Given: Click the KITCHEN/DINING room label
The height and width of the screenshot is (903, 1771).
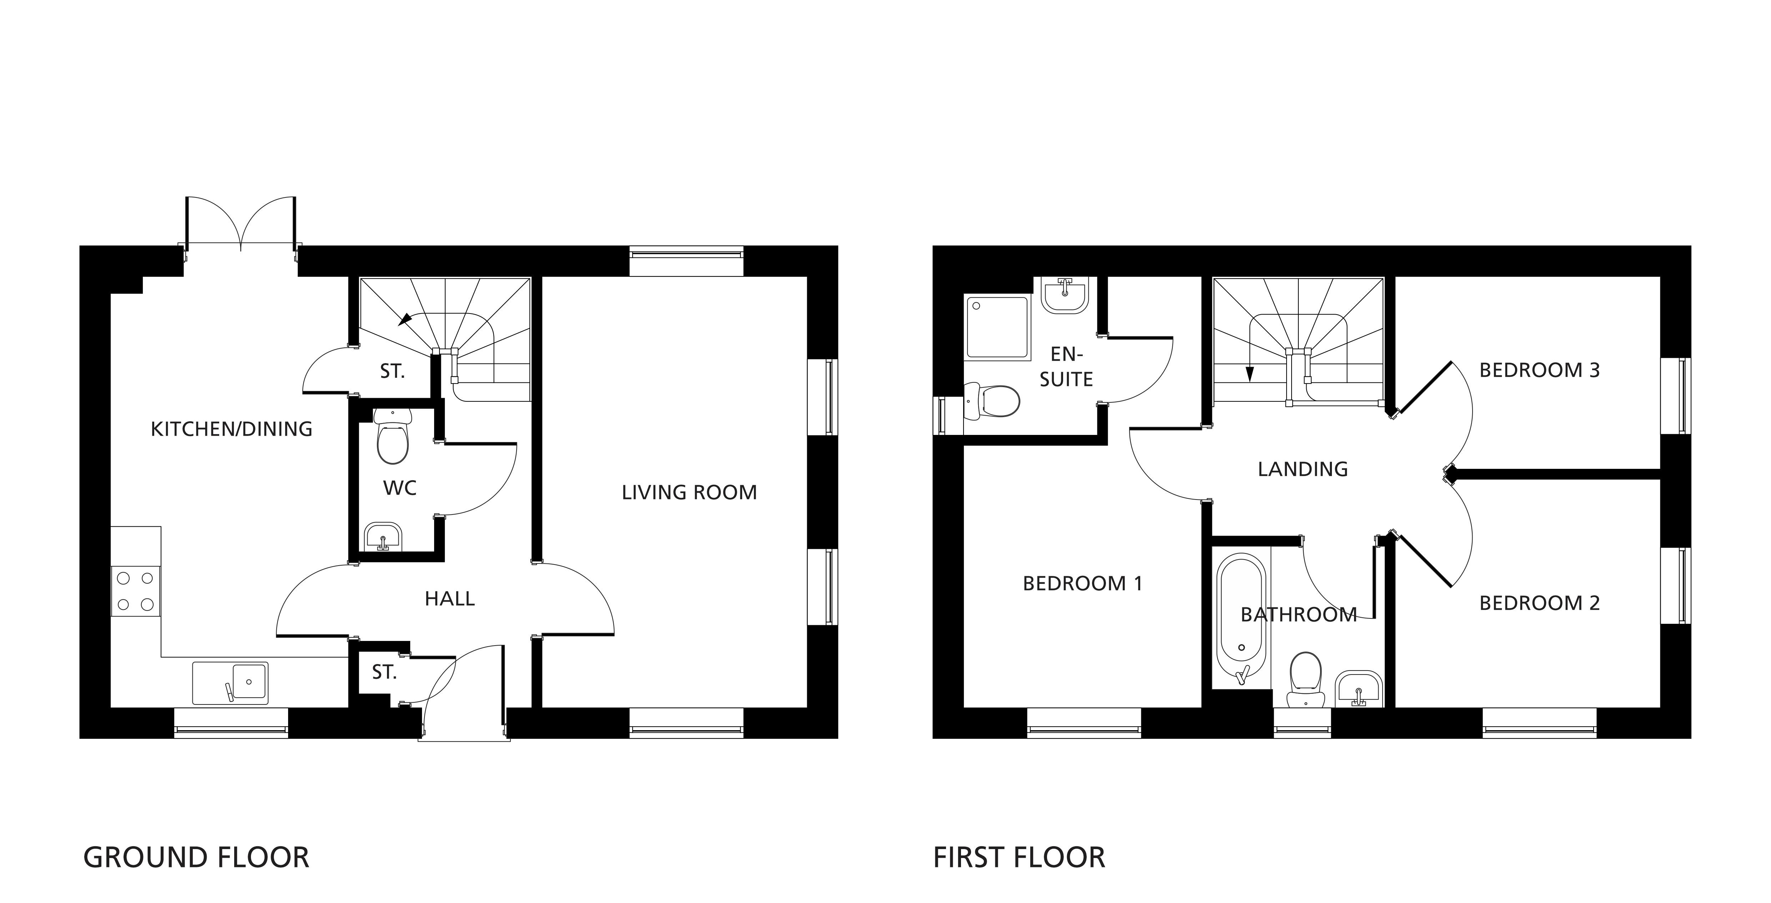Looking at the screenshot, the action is coord(232,429).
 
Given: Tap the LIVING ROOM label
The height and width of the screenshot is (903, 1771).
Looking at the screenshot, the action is coord(690,492).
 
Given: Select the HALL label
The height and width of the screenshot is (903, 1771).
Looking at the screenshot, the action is coord(450,599).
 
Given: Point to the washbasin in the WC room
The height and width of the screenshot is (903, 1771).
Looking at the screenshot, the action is coord(383,536).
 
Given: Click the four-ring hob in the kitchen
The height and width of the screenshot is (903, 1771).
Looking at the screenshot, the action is coord(135,591).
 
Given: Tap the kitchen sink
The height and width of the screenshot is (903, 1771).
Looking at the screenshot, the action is coord(230,683).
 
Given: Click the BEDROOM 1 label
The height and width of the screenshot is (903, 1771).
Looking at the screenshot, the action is coord(1083,584).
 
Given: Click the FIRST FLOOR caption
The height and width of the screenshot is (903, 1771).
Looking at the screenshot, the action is coord(1019,858).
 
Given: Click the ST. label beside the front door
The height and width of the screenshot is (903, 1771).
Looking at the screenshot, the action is coord(384,673).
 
